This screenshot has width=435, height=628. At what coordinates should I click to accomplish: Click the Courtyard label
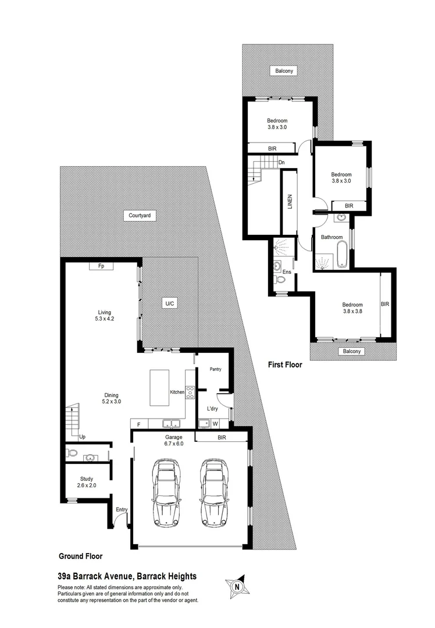(140, 215)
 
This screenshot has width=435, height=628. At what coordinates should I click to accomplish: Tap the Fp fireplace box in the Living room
(101, 266)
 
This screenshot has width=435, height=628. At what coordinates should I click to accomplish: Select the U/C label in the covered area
(169, 304)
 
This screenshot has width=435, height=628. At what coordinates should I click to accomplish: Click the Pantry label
(215, 369)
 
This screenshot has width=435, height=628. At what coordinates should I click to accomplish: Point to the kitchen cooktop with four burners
(190, 392)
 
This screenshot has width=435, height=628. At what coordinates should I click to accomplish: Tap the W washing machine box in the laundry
(215, 423)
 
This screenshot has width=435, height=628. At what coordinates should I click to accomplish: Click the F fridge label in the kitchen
(138, 424)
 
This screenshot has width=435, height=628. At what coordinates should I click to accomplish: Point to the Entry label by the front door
(122, 510)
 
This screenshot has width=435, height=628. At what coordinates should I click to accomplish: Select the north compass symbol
(237, 587)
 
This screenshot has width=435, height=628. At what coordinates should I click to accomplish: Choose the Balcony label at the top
(284, 71)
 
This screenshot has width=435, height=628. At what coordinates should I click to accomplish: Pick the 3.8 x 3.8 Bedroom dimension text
(352, 312)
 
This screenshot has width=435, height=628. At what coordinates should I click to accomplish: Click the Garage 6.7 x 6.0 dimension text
(173, 444)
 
